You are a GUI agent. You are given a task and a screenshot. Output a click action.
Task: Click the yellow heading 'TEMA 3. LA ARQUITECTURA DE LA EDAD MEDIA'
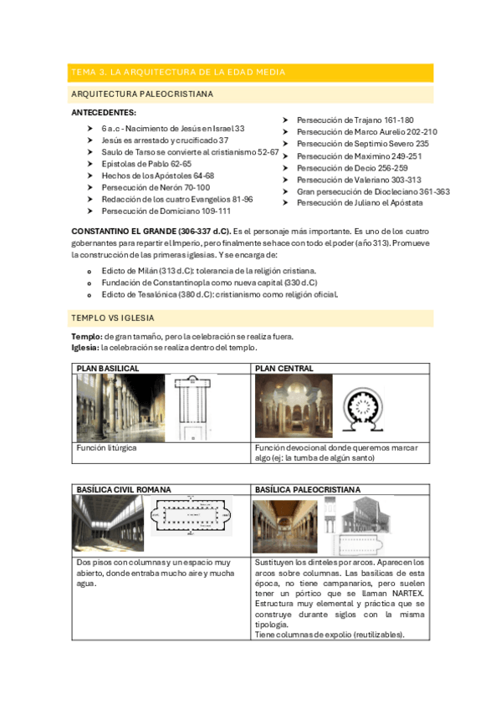(178, 73)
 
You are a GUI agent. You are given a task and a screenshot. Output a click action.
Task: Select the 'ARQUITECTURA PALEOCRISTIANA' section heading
(142, 94)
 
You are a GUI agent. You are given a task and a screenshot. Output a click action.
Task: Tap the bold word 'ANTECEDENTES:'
(104, 113)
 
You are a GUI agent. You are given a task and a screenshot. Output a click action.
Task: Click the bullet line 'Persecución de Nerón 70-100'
(156, 187)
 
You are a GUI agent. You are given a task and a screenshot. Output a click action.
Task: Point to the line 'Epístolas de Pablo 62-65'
(146, 164)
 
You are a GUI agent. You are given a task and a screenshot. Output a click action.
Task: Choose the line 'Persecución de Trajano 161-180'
(355, 120)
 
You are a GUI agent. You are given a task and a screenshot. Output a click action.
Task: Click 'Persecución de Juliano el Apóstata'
(360, 203)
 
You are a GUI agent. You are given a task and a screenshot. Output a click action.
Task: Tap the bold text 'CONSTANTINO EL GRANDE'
(124, 232)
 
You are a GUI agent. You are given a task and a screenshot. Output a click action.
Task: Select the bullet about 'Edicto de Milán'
(209, 271)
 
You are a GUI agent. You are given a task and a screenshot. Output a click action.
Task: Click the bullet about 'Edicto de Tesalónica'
(220, 295)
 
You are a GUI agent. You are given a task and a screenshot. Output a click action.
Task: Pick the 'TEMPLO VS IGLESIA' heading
(113, 319)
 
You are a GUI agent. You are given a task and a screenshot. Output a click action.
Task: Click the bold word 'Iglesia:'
(85, 348)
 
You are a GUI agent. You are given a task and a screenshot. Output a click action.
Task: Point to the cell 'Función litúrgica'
(106, 448)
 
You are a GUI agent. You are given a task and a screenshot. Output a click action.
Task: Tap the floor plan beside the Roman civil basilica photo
(192, 516)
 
